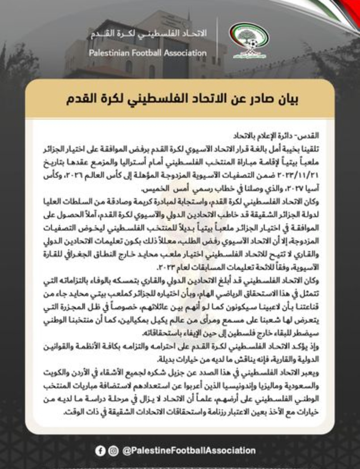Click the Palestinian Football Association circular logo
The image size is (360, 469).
(249, 40)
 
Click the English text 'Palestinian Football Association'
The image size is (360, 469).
(148, 53)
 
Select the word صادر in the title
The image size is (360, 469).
(257, 99)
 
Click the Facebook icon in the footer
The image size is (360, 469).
(100, 451)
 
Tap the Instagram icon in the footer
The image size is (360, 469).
(113, 451)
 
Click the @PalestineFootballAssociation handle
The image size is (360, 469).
(189, 451)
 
